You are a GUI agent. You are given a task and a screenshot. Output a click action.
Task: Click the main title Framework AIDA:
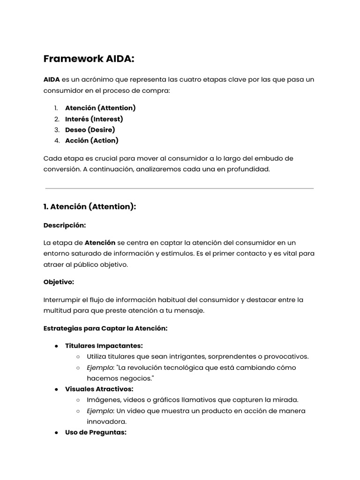[x=89, y=59]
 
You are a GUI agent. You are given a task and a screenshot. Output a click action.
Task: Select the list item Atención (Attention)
[x=100, y=108]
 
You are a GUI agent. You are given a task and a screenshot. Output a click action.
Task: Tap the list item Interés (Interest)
[x=94, y=119]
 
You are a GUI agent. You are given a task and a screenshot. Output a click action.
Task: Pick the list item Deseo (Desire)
[x=90, y=130]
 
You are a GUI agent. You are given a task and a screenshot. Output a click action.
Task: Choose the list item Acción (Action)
[x=92, y=141]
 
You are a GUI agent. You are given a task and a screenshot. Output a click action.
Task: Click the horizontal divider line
[x=180, y=188]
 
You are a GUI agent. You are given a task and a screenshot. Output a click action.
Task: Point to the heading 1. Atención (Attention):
[x=90, y=207]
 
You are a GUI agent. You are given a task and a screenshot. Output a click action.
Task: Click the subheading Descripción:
[x=65, y=225]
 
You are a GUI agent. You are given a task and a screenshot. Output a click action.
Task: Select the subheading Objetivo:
[x=59, y=282]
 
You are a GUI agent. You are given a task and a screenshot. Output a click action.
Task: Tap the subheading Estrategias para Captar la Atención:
[x=105, y=329]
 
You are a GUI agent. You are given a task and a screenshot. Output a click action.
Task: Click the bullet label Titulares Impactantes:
[x=104, y=346]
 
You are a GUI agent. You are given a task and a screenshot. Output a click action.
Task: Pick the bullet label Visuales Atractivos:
[x=99, y=389]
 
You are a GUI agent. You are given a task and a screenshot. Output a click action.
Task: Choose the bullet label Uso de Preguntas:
[x=96, y=432]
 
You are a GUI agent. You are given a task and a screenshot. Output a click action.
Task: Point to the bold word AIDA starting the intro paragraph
[x=52, y=80]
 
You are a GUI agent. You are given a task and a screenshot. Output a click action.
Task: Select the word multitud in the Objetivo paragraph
[x=58, y=311]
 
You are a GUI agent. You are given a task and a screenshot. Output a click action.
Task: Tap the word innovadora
[x=107, y=421]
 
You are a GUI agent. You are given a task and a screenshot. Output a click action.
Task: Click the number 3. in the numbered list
[x=57, y=130]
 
